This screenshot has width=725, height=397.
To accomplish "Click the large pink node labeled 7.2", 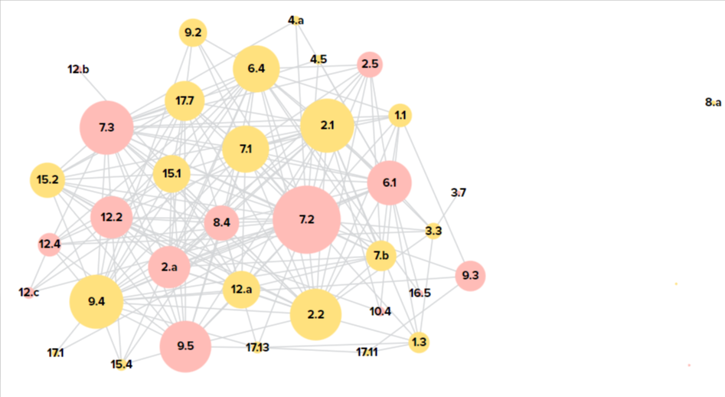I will coord(306,219).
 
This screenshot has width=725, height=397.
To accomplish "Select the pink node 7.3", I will coord(106,126).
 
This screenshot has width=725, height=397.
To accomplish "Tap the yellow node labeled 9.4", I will coord(96,301).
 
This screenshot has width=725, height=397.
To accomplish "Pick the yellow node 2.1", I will coord(327,125).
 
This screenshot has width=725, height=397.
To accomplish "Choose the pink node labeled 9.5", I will coord(185,346).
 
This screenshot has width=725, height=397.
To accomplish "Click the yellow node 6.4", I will coord(256,69).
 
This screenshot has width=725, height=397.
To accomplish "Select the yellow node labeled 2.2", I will coord(315,314).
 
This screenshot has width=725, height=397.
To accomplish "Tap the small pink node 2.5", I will coord(370,64).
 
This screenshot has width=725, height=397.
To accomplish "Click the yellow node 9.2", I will coord(192,33).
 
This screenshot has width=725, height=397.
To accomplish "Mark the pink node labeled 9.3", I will coord(470,276).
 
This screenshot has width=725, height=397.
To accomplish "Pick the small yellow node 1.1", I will coord(400,116).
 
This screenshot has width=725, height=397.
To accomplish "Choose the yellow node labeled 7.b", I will coord(380,254).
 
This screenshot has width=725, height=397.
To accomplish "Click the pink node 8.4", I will coord(221,223).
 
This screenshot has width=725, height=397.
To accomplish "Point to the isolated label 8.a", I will coord(713,102).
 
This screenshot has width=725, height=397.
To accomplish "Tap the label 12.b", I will coord(78,70).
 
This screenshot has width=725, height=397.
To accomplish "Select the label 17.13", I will coord(257,348).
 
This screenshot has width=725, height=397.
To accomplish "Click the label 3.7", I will coord(458,192).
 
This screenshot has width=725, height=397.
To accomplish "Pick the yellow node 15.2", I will coord(47,180).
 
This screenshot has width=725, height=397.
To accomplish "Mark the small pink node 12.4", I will coord(50,244).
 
